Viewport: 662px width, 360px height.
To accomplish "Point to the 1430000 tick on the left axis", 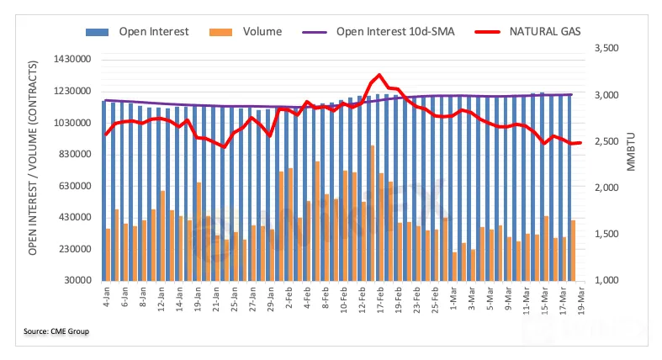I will point(70,60).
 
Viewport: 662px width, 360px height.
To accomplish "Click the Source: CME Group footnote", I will point(56,331).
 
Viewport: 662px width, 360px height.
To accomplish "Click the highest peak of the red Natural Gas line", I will point(380,76).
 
